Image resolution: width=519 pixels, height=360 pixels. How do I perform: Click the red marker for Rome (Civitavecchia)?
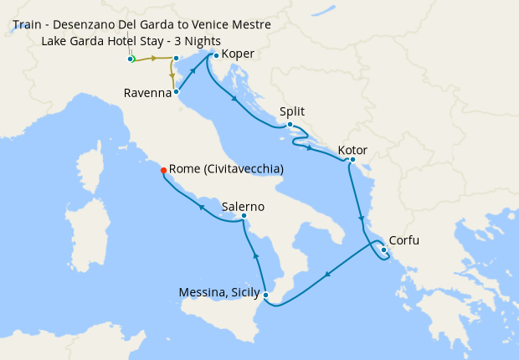[163, 170]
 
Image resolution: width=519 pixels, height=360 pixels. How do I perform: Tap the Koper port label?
[239, 54]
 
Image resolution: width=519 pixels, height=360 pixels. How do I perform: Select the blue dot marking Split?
[290, 125]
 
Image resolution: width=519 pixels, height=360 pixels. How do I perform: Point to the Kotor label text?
[352, 151]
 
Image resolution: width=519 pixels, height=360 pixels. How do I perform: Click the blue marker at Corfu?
[383, 249]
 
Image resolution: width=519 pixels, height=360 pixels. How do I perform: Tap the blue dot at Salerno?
[244, 217]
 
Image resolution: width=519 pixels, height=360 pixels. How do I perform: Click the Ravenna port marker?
[177, 92]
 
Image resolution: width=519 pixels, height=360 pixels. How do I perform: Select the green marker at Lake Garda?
[131, 59]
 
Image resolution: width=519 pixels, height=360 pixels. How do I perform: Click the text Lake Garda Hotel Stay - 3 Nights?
[131, 41]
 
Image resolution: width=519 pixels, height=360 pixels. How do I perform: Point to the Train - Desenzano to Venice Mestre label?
[142, 25]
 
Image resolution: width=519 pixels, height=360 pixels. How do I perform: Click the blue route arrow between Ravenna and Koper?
[193, 73]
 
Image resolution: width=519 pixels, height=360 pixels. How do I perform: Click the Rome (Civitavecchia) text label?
[226, 169]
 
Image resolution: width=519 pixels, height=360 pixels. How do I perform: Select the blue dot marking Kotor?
[352, 160]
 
